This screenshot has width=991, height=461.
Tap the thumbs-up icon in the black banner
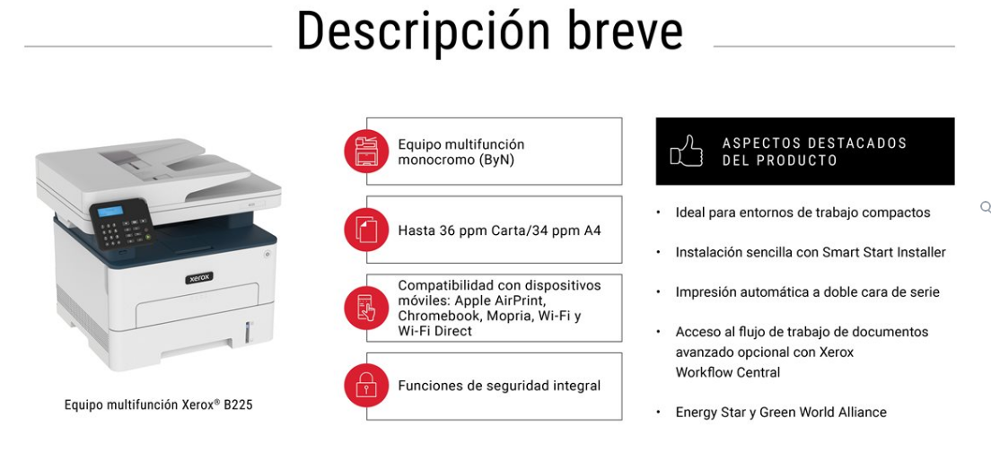click(x=687, y=151)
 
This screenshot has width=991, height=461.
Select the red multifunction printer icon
click(x=366, y=151)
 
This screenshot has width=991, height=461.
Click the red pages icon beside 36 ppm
click(x=366, y=230)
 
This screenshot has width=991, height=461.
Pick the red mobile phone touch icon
click(x=366, y=309)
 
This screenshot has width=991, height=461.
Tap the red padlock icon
click(x=366, y=386)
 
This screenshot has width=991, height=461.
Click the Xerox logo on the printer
click(x=199, y=278)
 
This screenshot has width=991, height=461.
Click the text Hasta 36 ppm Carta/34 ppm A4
click(x=499, y=230)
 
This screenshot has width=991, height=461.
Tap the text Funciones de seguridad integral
click(x=499, y=386)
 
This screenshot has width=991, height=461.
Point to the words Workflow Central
click(x=727, y=372)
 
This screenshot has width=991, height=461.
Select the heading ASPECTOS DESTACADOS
click(x=815, y=143)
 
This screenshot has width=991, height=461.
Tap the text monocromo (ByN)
click(x=456, y=160)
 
